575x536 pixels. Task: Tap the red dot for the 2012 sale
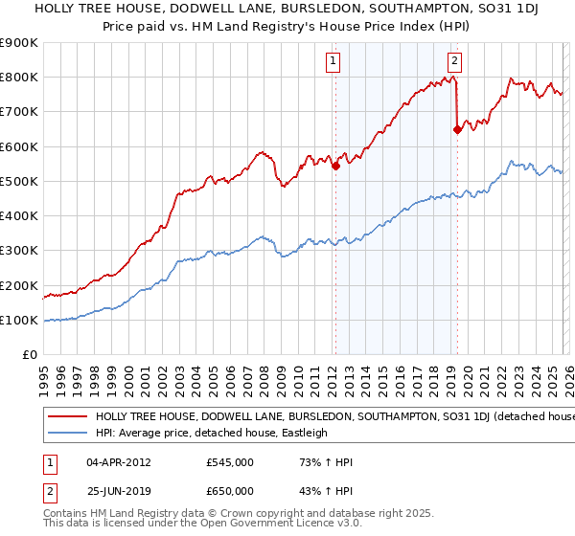[x=335, y=166]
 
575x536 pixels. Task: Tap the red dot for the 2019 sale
[x=457, y=130]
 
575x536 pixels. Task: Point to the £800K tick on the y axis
[x=19, y=78]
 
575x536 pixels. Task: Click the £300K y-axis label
[x=19, y=251]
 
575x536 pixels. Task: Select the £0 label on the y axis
[x=29, y=355]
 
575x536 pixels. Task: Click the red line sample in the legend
[x=67, y=417]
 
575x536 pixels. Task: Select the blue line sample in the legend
[x=67, y=433]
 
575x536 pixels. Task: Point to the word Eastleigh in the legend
[x=302, y=433]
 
